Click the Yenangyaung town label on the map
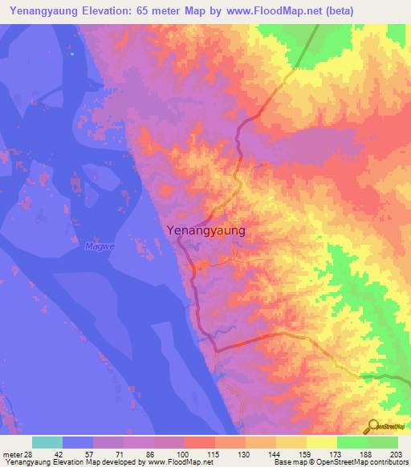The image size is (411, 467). pos(205,230)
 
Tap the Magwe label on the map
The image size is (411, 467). pos(96,246)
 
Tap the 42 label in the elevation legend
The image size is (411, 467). pos(69,453)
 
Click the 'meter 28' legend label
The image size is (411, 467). pos(17,453)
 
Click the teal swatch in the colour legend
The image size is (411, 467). pos(47,442)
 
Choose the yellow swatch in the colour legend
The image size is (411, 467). pos(321,442)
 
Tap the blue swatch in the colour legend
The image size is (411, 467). pos(78,442)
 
